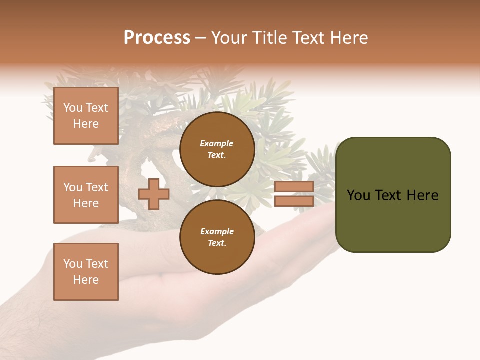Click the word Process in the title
tap(157, 38)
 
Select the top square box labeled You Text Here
tap(86, 116)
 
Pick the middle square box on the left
tap(86, 195)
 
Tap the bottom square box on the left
tap(86, 272)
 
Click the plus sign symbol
tap(154, 194)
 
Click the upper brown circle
tap(217, 149)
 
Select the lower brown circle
tap(217, 237)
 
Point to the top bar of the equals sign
tap(294, 187)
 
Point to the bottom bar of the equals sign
tap(294, 201)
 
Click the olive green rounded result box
tap(393, 195)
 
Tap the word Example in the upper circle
tap(217, 143)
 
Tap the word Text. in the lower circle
tap(217, 243)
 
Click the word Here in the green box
tap(422, 195)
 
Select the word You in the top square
tap(72, 108)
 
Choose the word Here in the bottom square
tap(86, 280)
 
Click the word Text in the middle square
tap(96, 187)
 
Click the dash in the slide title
tap(201, 38)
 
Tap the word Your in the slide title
tap(229, 38)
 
